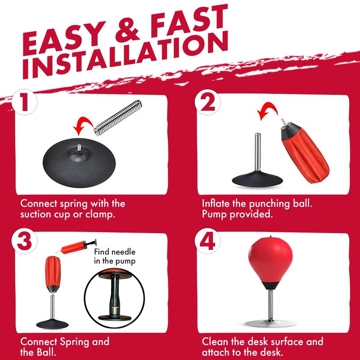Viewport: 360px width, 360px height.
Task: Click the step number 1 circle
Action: [25, 102]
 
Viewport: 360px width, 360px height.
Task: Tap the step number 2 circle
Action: [207, 102]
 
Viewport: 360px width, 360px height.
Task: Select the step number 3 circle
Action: [24, 241]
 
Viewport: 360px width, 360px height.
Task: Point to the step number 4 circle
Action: [207, 241]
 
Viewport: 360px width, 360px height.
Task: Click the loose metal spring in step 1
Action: [118, 117]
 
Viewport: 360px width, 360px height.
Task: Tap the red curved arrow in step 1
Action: [83, 125]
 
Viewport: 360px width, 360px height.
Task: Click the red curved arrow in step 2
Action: [267, 110]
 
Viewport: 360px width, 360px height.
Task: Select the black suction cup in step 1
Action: [79, 162]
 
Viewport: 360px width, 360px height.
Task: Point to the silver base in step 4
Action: [270, 323]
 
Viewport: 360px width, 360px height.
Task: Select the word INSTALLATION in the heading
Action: [126, 55]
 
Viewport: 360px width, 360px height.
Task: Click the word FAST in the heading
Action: [189, 22]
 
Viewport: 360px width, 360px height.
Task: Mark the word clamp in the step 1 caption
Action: [100, 215]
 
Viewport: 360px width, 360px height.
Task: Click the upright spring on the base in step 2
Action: [257, 152]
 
